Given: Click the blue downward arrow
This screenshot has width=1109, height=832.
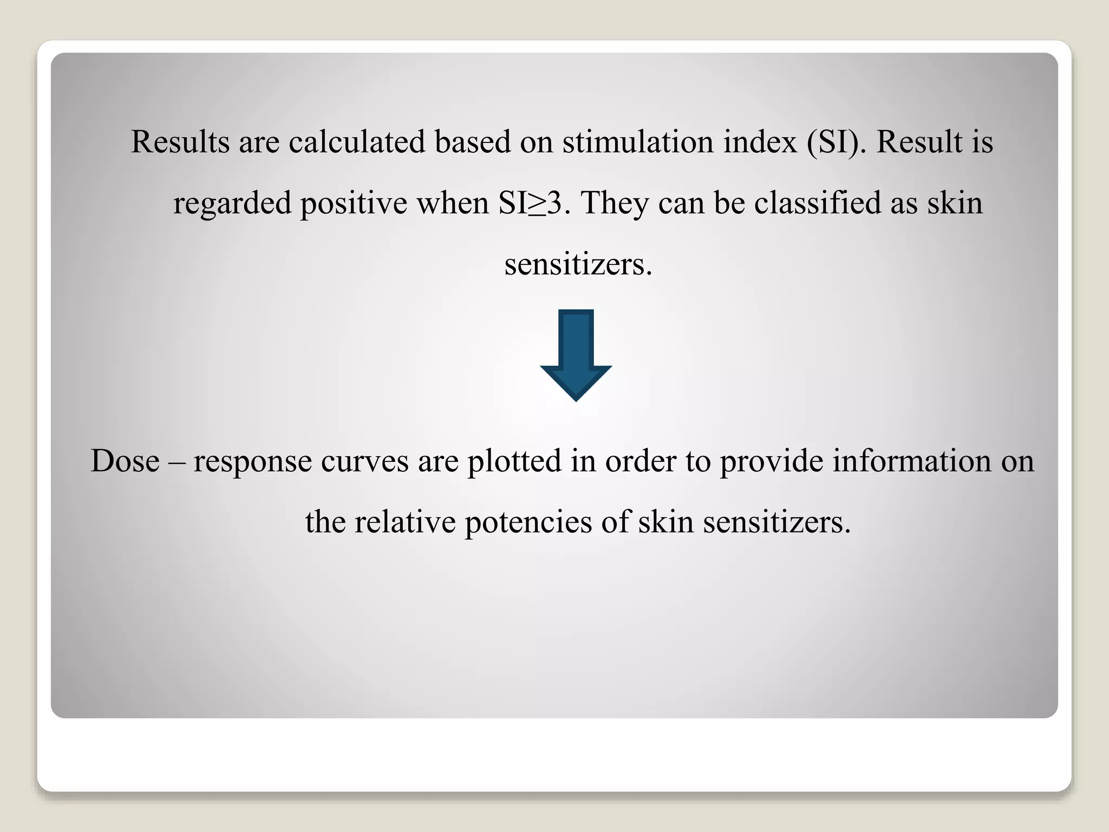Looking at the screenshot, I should click(576, 355).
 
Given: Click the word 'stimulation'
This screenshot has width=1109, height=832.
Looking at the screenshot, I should click(638, 142).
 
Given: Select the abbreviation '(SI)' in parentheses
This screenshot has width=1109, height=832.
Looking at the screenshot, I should click(837, 142).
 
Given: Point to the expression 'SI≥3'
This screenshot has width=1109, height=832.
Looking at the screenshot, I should click(530, 204).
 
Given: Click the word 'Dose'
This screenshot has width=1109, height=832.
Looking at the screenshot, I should click(125, 461).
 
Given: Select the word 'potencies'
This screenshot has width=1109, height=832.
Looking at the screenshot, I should click(528, 523).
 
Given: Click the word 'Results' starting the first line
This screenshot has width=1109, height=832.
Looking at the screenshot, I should click(180, 142).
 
